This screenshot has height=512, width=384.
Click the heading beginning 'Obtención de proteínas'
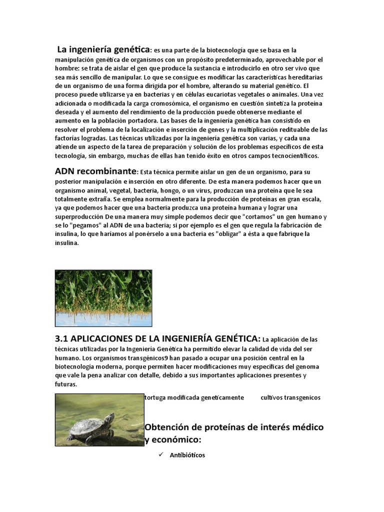(234, 427)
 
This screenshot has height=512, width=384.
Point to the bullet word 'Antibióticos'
(187, 455)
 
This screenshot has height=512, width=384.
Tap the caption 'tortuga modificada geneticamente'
(194, 397)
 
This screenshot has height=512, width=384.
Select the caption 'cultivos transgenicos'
(290, 397)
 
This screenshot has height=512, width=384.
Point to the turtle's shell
(85, 426)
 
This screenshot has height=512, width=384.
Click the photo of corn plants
(103, 298)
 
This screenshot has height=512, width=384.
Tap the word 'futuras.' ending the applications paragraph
(66, 385)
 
